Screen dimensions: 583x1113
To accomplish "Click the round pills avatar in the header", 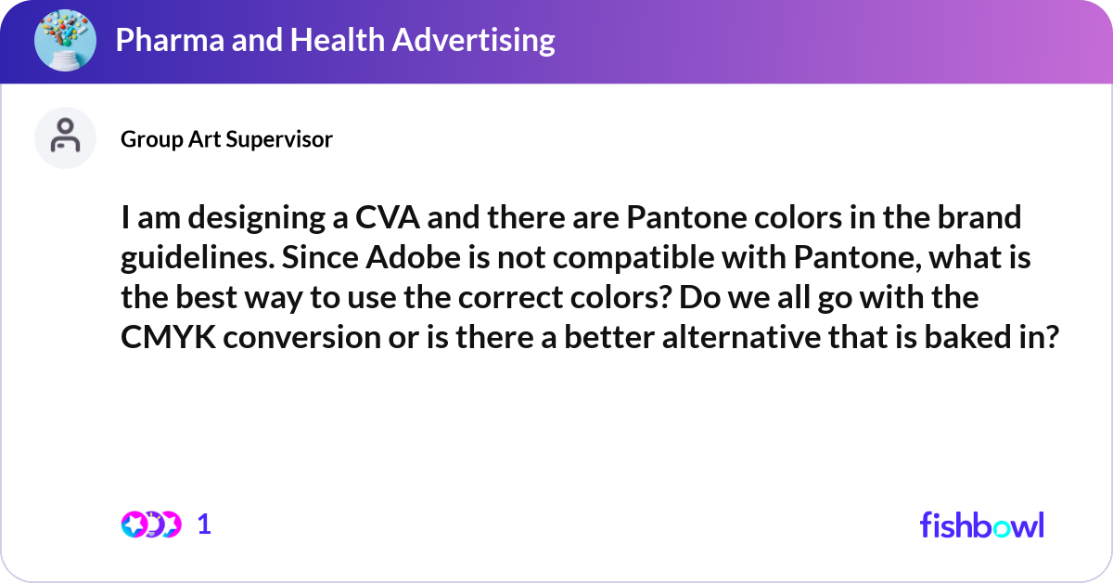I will [66, 41].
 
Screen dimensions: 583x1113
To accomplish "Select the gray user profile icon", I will [65, 137].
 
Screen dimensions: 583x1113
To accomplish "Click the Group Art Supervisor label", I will [226, 139].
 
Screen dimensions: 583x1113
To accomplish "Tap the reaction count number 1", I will [205, 525].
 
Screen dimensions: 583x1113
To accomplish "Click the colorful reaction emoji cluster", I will [151, 525].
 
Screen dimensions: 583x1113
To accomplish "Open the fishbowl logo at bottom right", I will [981, 525].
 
